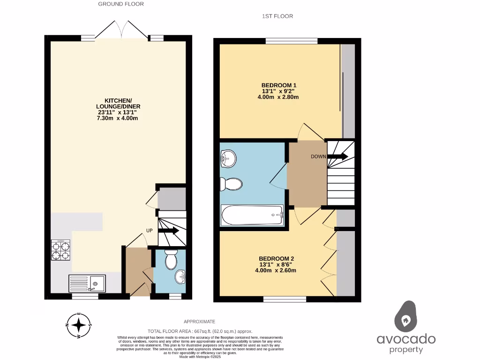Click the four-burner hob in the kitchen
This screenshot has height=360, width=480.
[x=60, y=250]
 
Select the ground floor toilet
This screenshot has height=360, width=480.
[x=171, y=258]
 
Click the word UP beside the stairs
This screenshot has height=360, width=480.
[x=150, y=231]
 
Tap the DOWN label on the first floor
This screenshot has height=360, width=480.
[x=318, y=157]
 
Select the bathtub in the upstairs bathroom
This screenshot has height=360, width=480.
[x=253, y=216]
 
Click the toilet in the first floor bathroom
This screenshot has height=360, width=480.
[x=231, y=184]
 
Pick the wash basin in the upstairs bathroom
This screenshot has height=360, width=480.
[x=228, y=158]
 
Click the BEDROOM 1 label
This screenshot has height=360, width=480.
[x=279, y=85]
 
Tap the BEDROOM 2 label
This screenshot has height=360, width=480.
[x=277, y=258]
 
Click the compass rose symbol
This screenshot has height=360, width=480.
[x=80, y=325]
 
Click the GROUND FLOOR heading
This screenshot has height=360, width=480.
[x=120, y=4]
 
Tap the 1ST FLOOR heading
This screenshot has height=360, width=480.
[x=277, y=16]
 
